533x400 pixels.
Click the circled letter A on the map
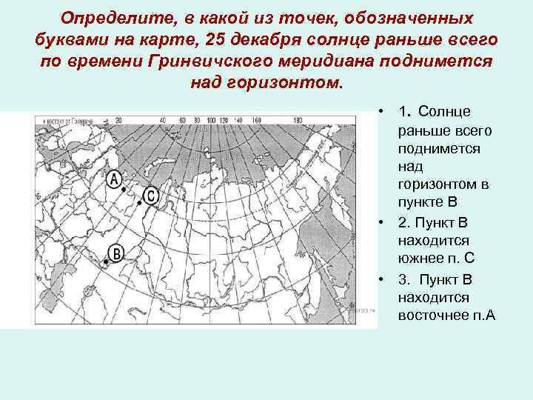[115, 179]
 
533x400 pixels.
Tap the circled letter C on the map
[150, 196]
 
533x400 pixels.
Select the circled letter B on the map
[116, 252]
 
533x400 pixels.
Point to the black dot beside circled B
[107, 261]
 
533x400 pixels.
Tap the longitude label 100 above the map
[212, 120]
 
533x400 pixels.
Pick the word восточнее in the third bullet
[432, 316]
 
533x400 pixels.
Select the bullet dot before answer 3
[378, 279]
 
